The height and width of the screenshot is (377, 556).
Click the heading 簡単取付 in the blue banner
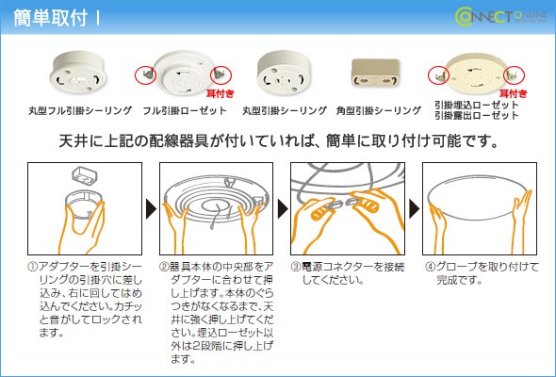point(50,18)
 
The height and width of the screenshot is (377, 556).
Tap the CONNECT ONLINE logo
point(501,17)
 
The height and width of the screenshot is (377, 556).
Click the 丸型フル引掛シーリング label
point(80,110)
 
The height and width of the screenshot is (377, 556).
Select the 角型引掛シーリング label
point(378,110)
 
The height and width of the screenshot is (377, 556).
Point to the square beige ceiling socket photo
point(375,74)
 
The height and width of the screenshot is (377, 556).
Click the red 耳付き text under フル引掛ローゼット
point(221,93)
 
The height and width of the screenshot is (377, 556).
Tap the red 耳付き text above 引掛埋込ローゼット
point(513,93)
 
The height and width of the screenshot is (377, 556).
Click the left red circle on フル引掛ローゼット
point(145,75)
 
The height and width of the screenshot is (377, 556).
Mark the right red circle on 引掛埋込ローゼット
point(514,75)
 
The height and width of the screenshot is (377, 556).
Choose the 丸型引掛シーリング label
point(285,110)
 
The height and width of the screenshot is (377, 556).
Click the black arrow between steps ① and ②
point(151,209)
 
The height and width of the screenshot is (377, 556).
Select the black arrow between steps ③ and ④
point(414,209)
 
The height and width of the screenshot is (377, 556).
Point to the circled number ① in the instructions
point(32,267)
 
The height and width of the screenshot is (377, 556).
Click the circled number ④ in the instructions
point(430,267)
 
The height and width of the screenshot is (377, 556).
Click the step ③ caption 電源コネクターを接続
point(352,267)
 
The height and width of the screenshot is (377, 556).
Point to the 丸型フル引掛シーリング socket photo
point(78,72)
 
